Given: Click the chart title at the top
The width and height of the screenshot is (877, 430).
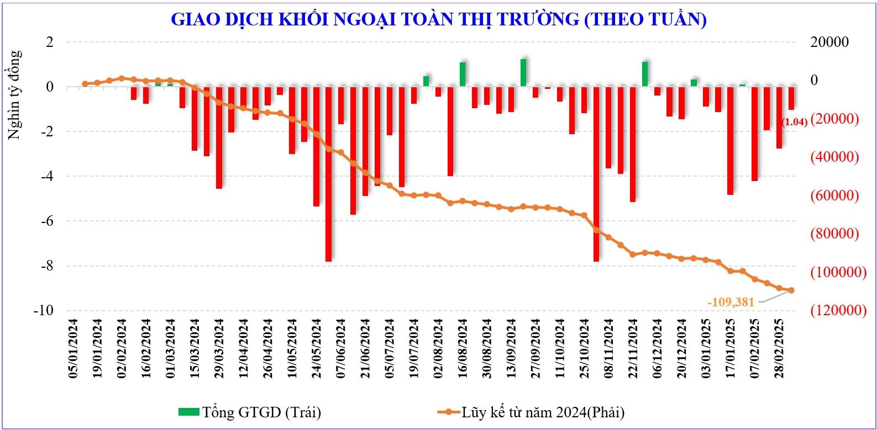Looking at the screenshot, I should tap(438, 19).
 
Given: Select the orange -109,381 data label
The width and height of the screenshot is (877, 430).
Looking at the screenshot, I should tap(731, 302).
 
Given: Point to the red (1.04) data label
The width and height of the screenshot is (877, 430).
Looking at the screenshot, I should tap(795, 122).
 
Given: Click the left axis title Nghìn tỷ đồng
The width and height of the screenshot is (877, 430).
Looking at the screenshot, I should tap(15, 94).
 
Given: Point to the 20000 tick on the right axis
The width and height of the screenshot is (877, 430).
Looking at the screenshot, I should tap(829, 43).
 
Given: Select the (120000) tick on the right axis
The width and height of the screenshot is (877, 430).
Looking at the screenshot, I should tap(834, 310).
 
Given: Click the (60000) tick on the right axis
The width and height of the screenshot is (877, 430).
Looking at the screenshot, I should tap(834, 195).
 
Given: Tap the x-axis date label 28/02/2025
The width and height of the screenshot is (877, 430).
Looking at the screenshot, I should tap(779, 348).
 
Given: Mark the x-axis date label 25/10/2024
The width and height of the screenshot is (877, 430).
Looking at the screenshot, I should tap(584, 348).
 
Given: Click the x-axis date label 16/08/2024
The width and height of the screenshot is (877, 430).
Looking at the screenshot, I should tap(463, 348).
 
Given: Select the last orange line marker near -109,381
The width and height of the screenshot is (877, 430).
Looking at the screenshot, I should tap(791, 290).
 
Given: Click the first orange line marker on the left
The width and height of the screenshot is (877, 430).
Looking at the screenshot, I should tap(85, 84).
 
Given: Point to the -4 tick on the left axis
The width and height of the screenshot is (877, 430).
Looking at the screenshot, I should tap(49, 176).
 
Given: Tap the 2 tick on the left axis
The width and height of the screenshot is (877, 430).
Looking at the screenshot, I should tap(50, 43).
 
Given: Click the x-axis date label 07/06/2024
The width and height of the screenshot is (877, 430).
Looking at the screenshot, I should tap(341, 348).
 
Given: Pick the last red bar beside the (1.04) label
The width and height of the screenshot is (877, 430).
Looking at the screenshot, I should tap(791, 98).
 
